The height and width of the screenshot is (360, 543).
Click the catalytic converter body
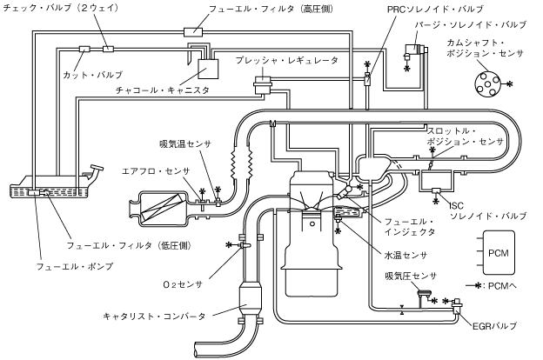(x=253, y=302)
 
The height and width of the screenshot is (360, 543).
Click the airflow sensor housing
(x=162, y=210)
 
